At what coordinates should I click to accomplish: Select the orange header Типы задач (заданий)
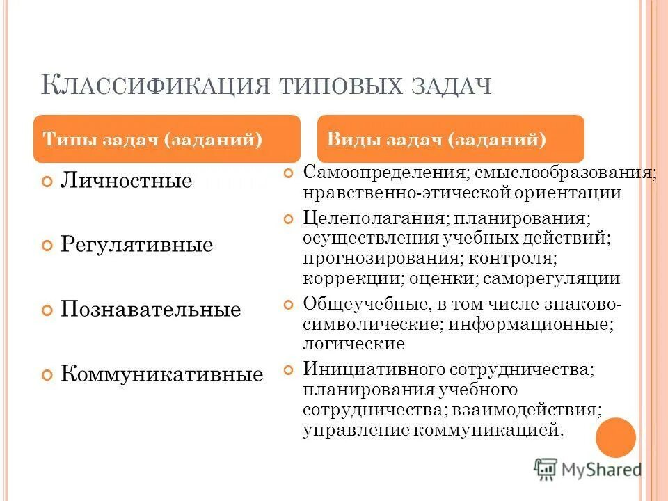(x=152, y=139)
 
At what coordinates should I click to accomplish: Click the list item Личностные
(x=126, y=181)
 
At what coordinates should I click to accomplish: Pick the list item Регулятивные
(x=136, y=245)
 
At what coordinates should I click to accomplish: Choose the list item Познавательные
(x=150, y=310)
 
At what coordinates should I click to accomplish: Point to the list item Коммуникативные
(x=161, y=374)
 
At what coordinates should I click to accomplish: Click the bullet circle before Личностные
(x=47, y=182)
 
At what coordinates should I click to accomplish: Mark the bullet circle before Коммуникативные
(x=47, y=375)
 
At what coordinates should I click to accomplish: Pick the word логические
(x=353, y=343)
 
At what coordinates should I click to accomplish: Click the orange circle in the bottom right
(x=615, y=437)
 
